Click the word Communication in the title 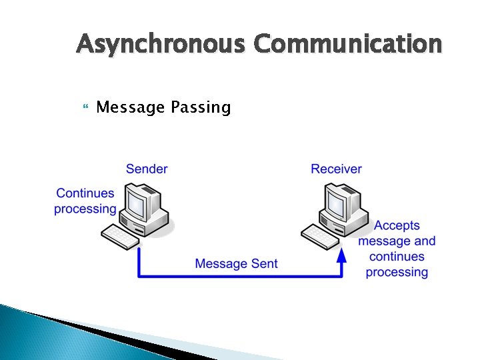[347, 44]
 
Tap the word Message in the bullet [130, 107]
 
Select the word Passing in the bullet [201, 107]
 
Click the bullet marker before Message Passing [83, 107]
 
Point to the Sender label [147, 169]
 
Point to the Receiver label [336, 169]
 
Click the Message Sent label [236, 264]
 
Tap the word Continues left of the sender [85, 193]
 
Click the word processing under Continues [85, 209]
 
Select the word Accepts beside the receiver [397, 226]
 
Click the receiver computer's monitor [341, 201]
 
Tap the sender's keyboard [121, 236]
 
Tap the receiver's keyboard [321, 236]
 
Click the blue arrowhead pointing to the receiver [341, 255]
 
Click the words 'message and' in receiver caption [397, 241]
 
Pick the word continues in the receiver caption [397, 257]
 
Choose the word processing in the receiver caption [397, 272]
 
